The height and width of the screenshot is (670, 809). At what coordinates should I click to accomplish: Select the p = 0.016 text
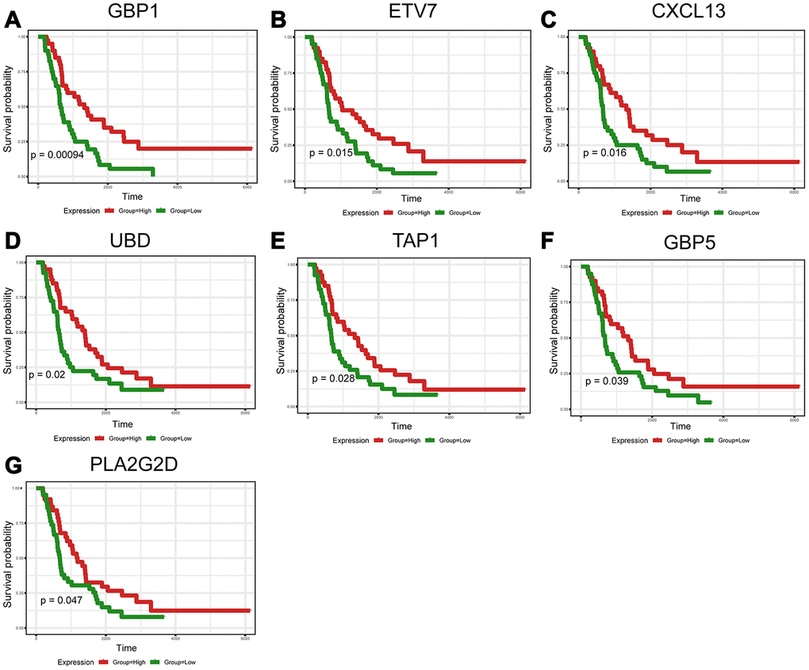click(604, 152)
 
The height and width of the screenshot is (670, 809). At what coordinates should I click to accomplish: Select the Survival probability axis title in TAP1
click(282, 335)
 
